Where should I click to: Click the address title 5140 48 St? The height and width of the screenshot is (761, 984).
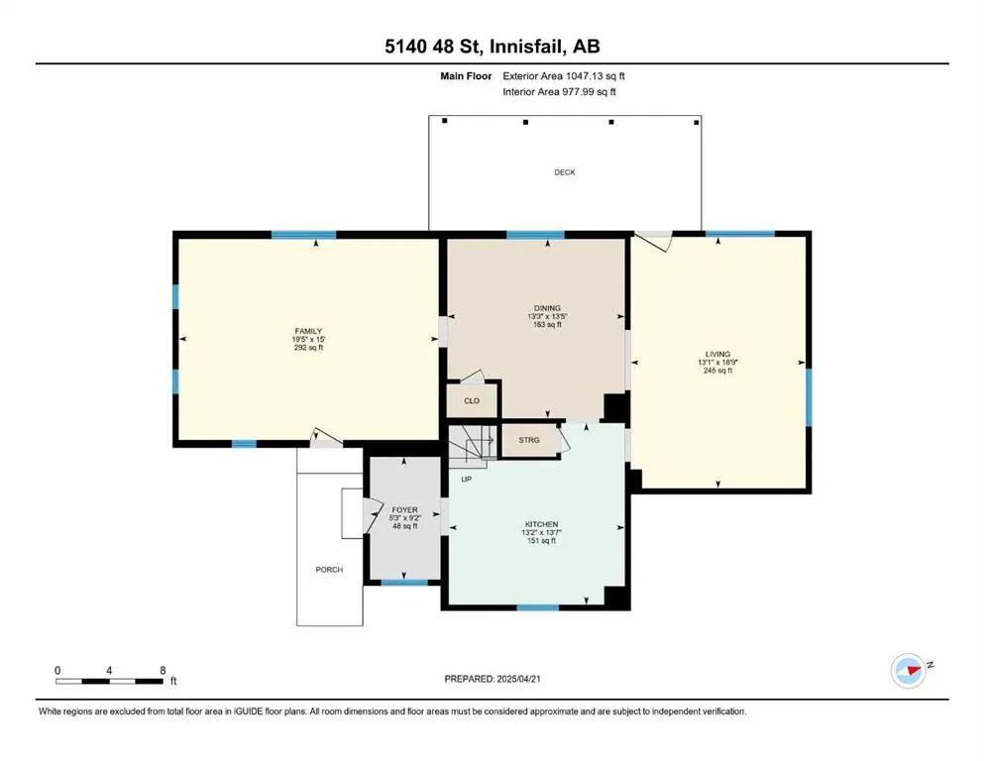point(433,47)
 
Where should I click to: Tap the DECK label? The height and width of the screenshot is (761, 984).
point(565,171)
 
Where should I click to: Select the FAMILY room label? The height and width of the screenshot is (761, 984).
point(308,331)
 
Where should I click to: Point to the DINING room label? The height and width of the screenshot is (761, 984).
point(547,308)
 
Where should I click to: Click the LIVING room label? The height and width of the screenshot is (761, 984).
point(717,354)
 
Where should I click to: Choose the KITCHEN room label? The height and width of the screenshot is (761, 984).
point(542,524)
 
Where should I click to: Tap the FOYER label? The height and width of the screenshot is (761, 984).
point(404,510)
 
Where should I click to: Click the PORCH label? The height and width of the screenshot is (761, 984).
point(329,570)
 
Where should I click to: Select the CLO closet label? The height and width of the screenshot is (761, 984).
point(472,401)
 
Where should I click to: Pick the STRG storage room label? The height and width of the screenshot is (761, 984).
point(529,440)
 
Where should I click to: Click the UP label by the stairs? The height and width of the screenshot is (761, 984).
point(467,480)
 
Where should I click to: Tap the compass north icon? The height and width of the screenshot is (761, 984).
point(909,671)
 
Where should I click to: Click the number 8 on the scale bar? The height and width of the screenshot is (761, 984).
point(163,671)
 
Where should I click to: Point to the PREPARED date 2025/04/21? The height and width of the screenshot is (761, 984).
point(518,679)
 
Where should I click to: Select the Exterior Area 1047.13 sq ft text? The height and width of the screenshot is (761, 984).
point(564,76)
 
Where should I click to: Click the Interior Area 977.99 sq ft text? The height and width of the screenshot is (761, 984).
point(559,91)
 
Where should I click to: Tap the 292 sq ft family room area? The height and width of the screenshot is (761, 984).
point(308,348)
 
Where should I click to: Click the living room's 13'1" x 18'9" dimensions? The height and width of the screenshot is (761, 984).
point(717,362)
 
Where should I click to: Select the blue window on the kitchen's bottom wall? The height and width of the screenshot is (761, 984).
point(538,607)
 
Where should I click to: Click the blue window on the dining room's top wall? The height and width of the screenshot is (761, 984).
point(535,235)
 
